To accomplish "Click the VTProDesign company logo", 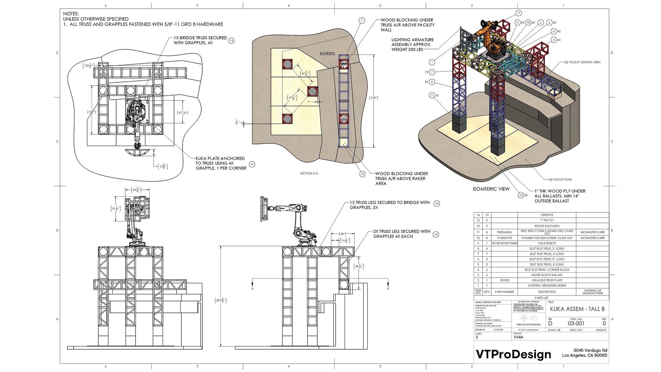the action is pos(513,354).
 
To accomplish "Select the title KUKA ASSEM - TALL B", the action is pos(577,309).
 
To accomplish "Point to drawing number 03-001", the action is pos(576,323).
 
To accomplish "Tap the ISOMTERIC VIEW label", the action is pos(491,189).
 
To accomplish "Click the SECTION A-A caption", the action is pos(309,173).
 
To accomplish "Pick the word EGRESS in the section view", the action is pos(327,54).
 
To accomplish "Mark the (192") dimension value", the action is pos(373,98).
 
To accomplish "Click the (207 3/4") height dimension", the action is pos(221,301).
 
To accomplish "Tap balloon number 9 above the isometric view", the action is pos(518,13).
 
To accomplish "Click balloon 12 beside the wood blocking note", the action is pos(362,174).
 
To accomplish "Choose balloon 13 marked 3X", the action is pos(521,195).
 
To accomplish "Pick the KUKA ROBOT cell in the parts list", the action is pos(547,243).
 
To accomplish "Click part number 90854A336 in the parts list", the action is pos(504,232).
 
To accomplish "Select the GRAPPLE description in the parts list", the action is pos(547,215).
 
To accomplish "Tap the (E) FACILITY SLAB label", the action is pos(560,180).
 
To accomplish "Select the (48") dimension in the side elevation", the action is pos(342,234).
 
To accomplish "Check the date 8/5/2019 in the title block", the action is pos(601,330).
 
